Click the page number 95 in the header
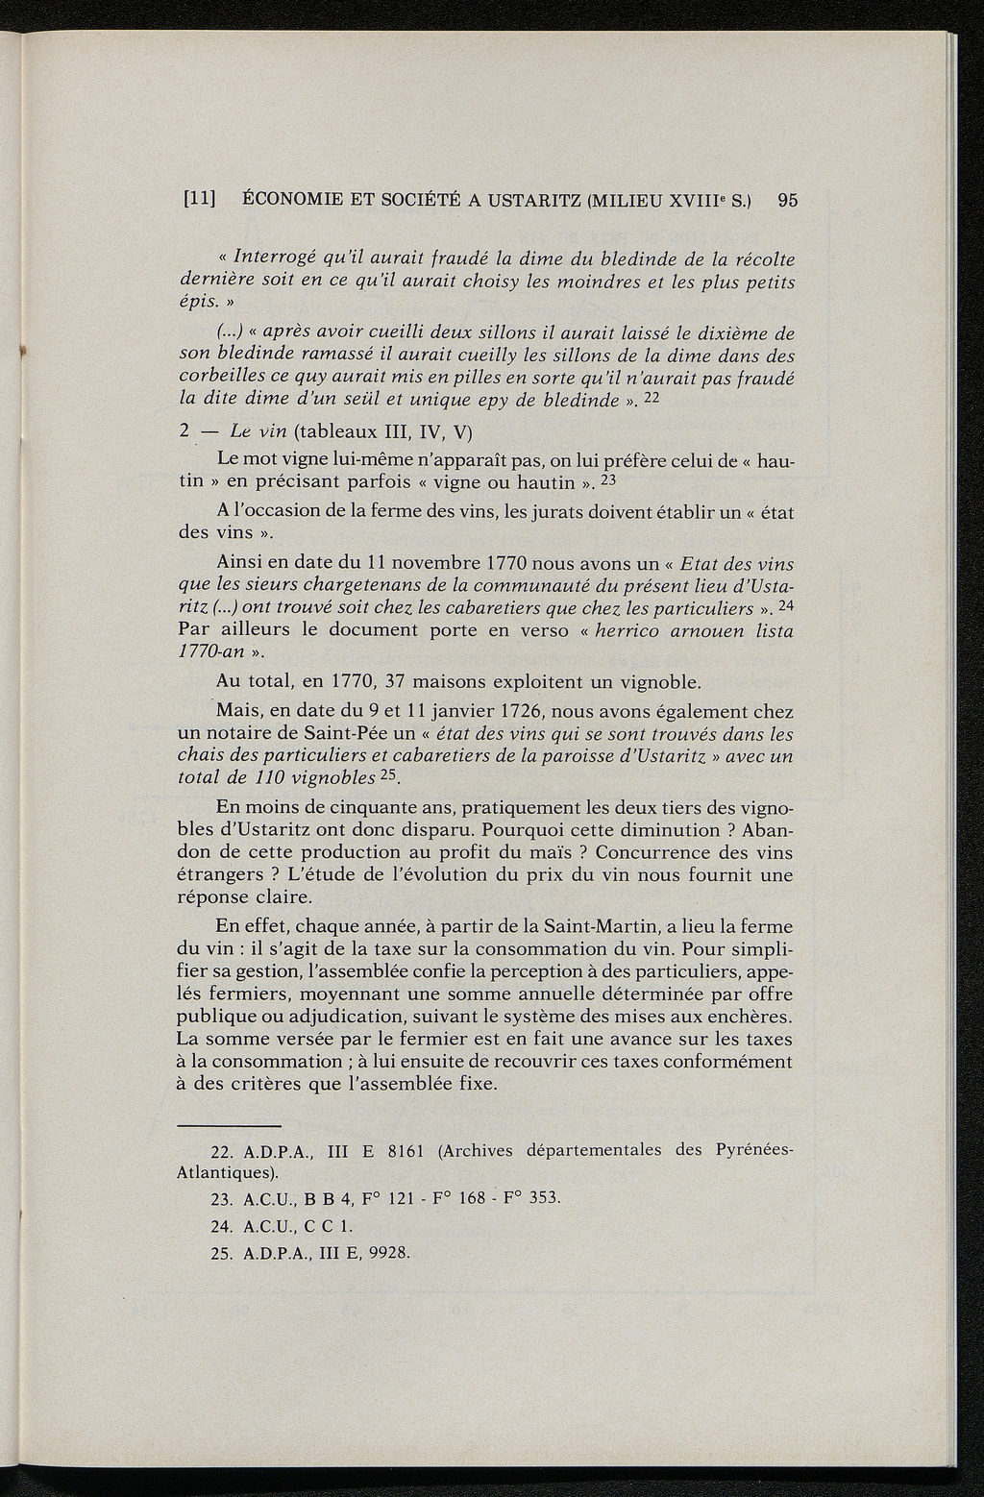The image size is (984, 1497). point(788,201)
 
